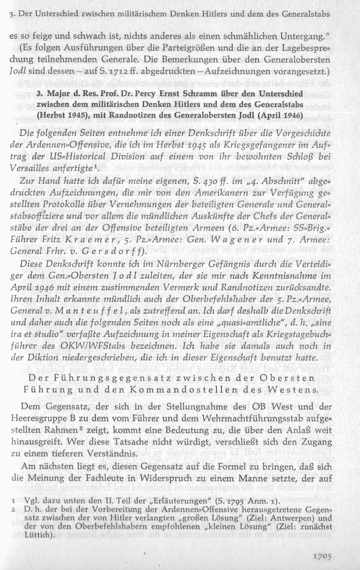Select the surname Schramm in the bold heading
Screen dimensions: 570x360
(207, 96)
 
